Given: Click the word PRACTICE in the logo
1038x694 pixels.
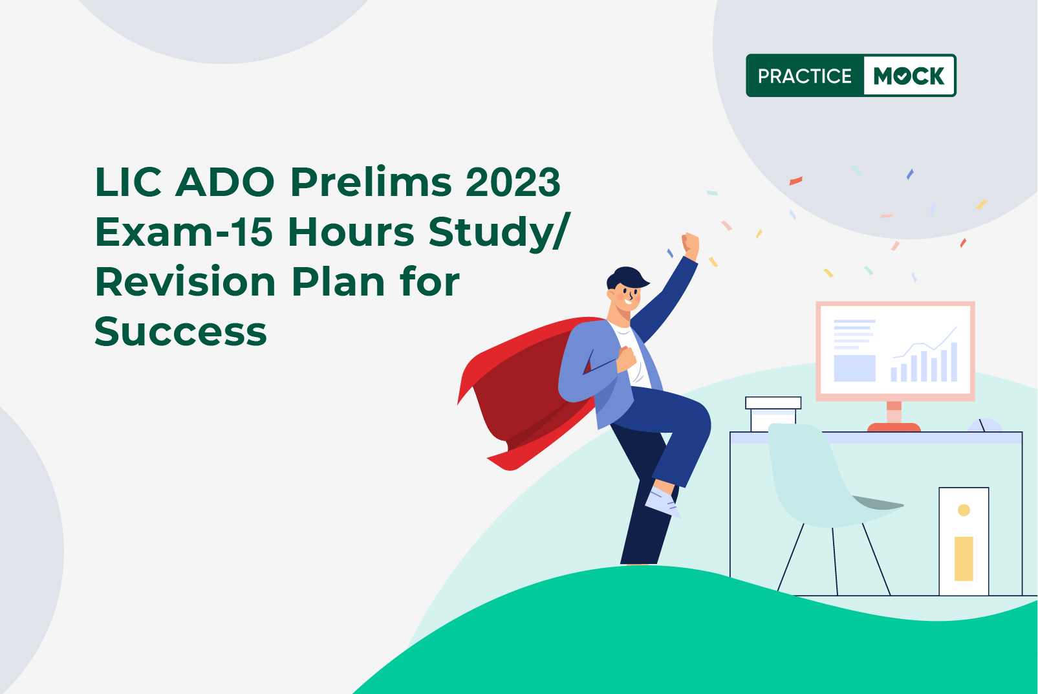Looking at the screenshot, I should click(x=805, y=76).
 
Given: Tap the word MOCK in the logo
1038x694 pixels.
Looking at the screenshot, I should click(x=909, y=76).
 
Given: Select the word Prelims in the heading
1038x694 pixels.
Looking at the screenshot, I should click(x=371, y=182).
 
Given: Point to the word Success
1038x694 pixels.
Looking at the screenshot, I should click(x=180, y=332).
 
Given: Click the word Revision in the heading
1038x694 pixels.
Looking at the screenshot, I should click(x=186, y=283).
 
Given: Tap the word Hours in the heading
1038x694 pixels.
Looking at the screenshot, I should click(x=351, y=232).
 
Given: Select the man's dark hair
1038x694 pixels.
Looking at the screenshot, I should click(x=625, y=277).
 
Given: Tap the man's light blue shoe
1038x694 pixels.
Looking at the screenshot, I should click(x=662, y=501).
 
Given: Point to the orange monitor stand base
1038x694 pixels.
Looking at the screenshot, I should click(x=893, y=427).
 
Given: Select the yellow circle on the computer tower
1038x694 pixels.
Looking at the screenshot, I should click(x=964, y=510).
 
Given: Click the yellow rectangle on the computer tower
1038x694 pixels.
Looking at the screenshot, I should click(x=964, y=558).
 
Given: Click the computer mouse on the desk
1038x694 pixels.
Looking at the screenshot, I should click(x=985, y=426).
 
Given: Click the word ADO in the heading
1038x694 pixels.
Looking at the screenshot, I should click(x=225, y=182).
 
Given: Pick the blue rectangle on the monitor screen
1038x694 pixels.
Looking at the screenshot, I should click(x=854, y=368).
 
